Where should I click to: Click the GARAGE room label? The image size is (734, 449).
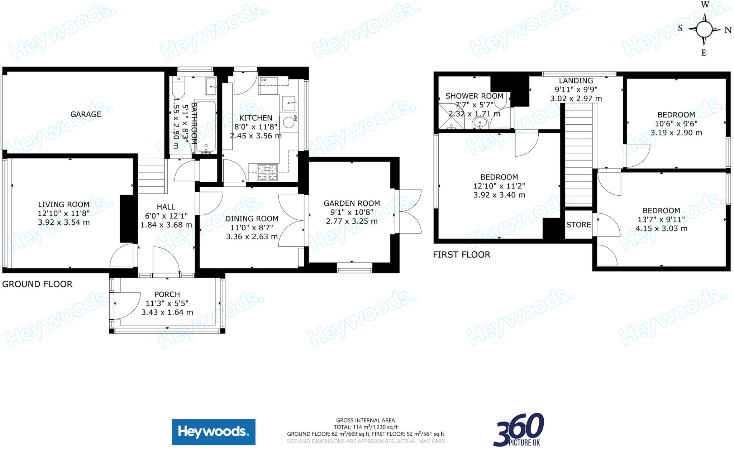86,114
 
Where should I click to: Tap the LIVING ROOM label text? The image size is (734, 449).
64,205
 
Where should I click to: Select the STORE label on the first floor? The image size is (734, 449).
578,225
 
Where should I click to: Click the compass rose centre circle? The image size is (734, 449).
704,29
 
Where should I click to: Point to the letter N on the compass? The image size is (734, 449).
728,30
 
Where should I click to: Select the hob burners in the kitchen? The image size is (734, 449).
267,172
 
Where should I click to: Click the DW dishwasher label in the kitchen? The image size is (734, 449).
264,80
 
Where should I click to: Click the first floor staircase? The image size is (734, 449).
578,158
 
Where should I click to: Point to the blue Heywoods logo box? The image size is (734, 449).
214,432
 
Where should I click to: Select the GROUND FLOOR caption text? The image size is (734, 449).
37,284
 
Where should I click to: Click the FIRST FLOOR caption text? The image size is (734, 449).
461,255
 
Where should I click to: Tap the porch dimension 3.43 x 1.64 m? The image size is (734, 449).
167,312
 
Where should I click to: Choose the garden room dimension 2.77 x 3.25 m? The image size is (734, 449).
352,221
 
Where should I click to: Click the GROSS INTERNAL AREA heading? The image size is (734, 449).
365,420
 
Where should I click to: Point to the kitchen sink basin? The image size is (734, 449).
289,103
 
